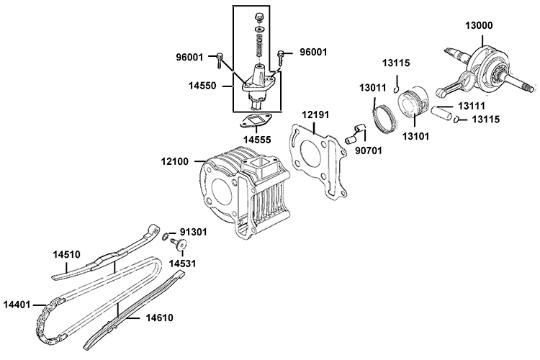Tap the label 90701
coord(370,151)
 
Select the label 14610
coord(160,317)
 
